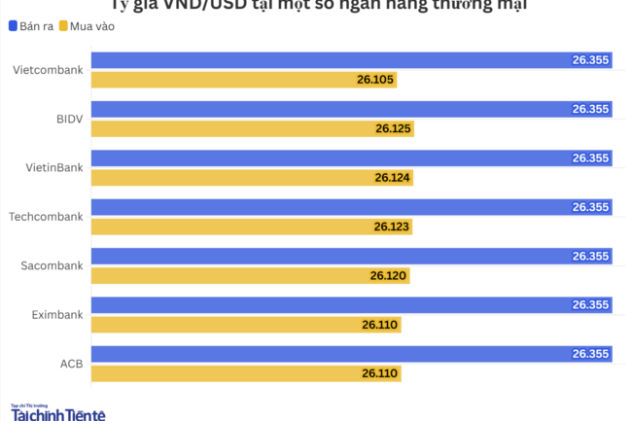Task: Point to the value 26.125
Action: tap(393, 128)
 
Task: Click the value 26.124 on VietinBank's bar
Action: tap(393, 178)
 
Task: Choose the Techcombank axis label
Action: tap(46, 217)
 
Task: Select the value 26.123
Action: tap(392, 227)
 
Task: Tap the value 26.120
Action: tap(388, 276)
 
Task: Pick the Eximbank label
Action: tap(56, 315)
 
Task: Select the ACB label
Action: tap(71, 364)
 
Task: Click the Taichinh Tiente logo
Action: tap(57, 413)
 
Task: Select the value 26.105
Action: tap(375, 79)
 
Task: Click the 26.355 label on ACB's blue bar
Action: tap(590, 354)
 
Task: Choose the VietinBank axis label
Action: tap(53, 167)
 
